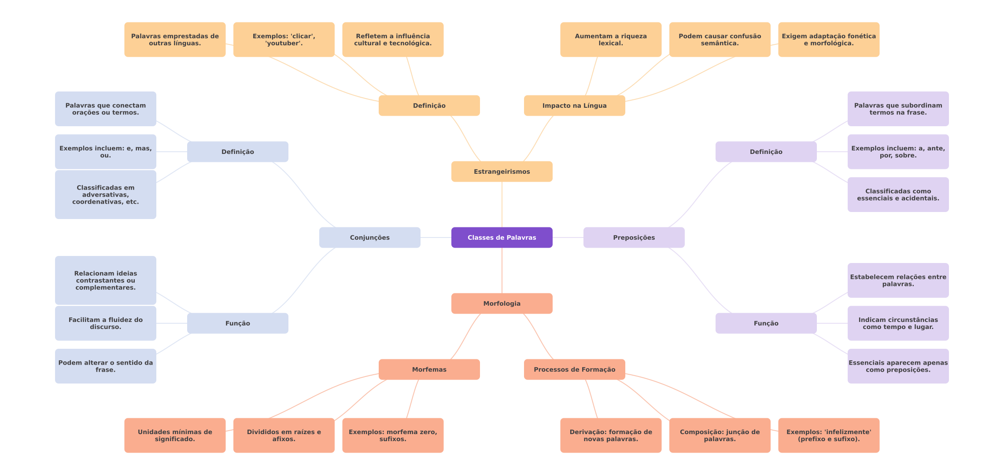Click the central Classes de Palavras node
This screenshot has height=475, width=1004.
click(502, 237)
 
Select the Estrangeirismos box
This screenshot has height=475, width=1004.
click(502, 172)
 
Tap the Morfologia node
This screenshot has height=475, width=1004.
click(502, 303)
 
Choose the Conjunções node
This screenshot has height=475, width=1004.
click(369, 237)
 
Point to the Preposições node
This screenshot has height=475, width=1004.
click(634, 237)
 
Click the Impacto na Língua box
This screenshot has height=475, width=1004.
click(574, 106)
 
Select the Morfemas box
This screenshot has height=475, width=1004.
click(429, 369)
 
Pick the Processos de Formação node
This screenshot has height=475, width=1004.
click(574, 369)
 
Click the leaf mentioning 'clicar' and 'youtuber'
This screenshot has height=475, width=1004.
click(284, 40)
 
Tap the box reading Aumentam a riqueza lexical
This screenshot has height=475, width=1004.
click(610, 40)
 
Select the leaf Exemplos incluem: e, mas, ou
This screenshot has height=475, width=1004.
click(105, 152)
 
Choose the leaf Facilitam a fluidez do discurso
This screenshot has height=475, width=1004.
click(105, 323)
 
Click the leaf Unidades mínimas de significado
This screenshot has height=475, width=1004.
click(175, 435)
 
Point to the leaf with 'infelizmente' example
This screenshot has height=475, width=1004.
click(828, 435)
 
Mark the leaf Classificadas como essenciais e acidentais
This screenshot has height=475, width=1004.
click(898, 194)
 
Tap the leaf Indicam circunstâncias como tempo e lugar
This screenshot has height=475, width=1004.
click(898, 323)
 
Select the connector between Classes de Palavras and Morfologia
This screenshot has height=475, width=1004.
click(502, 270)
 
